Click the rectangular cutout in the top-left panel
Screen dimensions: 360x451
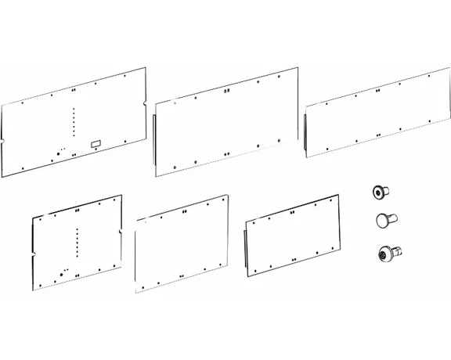96,143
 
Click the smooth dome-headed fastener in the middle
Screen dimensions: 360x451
384,220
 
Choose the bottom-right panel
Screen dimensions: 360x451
293,233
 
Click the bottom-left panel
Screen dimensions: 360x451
77,243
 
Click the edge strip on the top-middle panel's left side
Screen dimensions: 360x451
157,141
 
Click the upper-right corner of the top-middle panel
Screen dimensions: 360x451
297,68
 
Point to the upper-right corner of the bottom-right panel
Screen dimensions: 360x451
336,195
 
